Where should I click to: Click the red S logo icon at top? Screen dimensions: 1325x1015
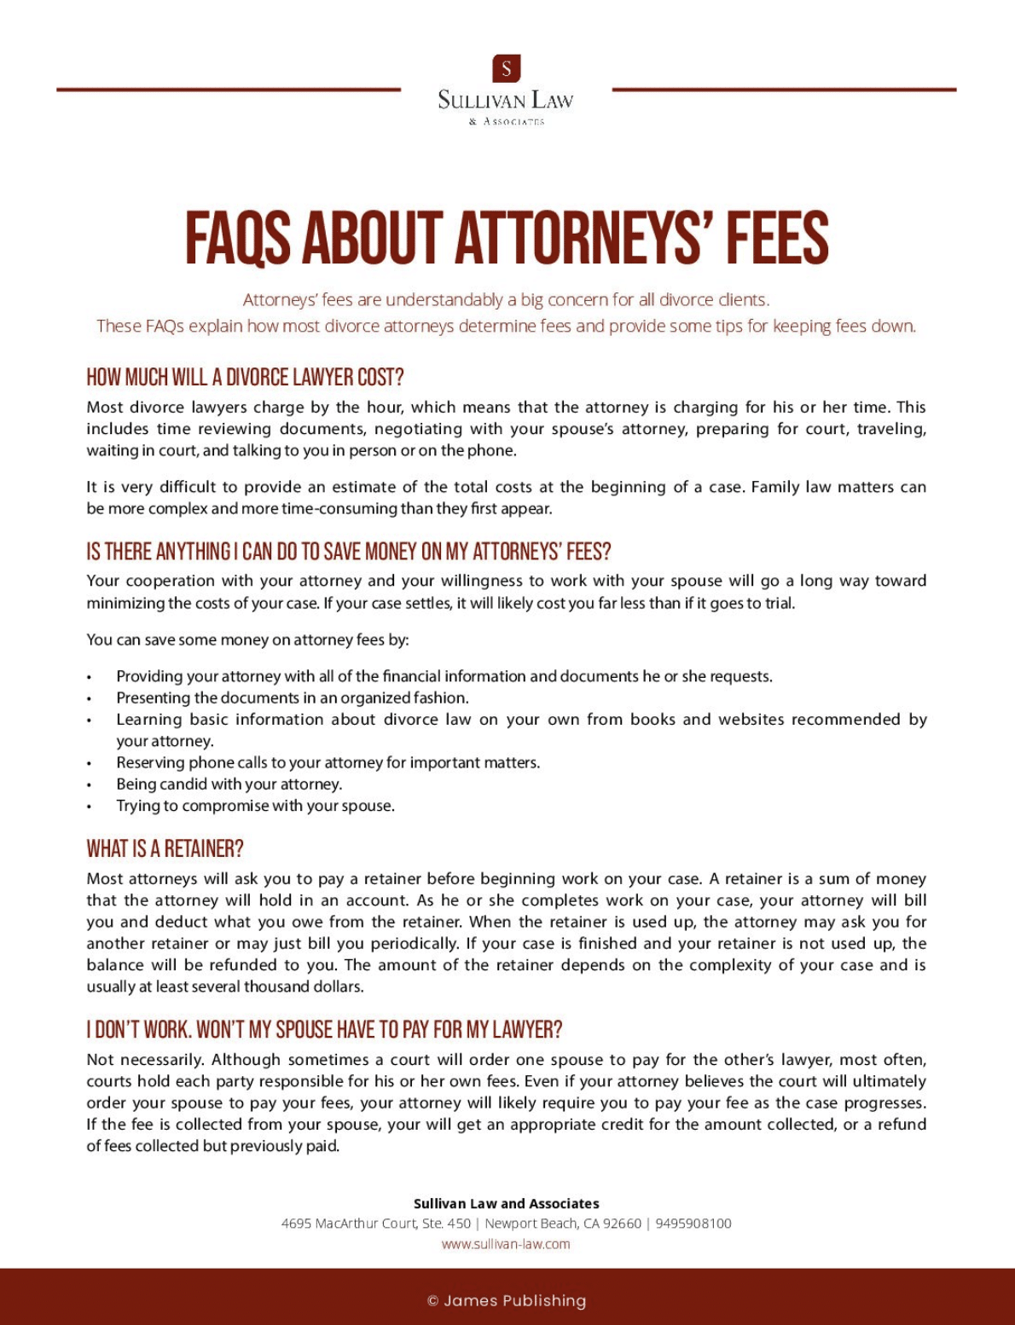pos(507,68)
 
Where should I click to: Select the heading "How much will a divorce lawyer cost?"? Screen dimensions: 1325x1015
pos(245,377)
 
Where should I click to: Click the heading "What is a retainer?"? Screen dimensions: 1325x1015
pos(165,849)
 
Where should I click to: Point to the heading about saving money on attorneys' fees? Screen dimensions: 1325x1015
pos(348,552)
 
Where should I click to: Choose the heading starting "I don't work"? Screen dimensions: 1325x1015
pos(324,1030)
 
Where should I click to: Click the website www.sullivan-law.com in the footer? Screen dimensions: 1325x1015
pos(506,1244)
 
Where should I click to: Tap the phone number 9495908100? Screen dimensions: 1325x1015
pos(693,1224)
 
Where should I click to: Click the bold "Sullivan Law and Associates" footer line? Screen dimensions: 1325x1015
pos(506,1204)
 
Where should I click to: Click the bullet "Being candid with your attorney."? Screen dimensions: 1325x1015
pos(229,784)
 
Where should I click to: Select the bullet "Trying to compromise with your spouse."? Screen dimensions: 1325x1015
pos(255,806)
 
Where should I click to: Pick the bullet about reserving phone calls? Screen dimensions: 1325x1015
pos(328,762)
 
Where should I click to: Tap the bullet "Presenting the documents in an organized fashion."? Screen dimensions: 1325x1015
pos(292,697)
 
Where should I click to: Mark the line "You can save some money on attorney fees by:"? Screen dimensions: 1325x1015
pos(247,639)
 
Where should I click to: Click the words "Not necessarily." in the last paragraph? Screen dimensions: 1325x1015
pos(145,1060)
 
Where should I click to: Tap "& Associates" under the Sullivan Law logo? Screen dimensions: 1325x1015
pos(507,122)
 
